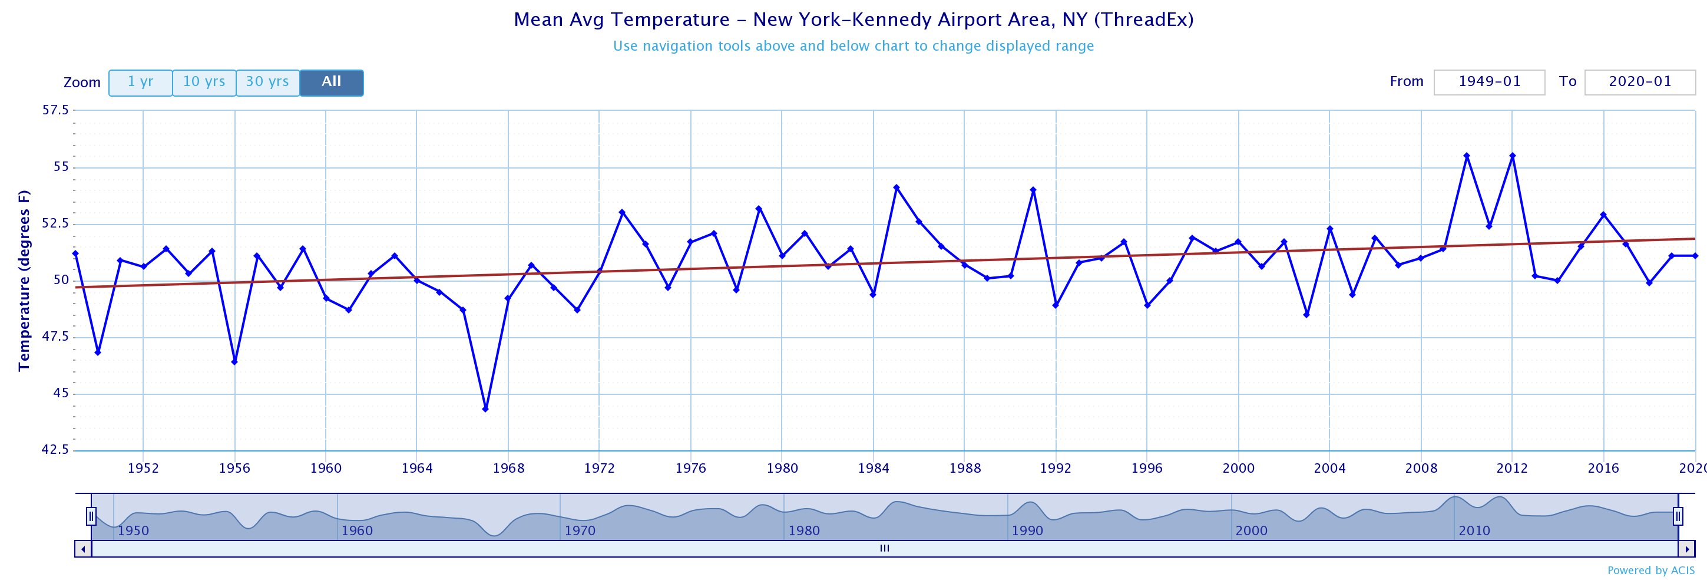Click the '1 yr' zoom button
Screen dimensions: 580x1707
(x=140, y=82)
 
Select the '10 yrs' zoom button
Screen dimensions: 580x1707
(x=204, y=82)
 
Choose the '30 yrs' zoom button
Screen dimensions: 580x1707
(x=267, y=82)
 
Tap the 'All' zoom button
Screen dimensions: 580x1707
(x=331, y=82)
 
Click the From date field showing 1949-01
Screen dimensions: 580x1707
(x=1489, y=82)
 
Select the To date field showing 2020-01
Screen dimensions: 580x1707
(x=1639, y=82)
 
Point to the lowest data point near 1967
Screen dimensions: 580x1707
(x=486, y=409)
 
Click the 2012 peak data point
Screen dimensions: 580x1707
(x=1512, y=156)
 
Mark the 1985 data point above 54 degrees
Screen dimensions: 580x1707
(x=896, y=187)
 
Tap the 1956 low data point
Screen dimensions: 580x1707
(x=234, y=361)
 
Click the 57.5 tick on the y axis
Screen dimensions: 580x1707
(x=55, y=110)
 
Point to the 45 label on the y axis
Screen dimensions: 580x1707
(x=61, y=393)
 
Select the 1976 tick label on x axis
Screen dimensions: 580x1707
(x=690, y=469)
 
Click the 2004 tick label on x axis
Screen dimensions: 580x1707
(x=1329, y=469)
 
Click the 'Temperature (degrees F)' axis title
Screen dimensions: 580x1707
(x=24, y=281)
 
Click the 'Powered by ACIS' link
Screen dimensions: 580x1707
(x=1650, y=570)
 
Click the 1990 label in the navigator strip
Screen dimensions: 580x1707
(x=1027, y=530)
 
